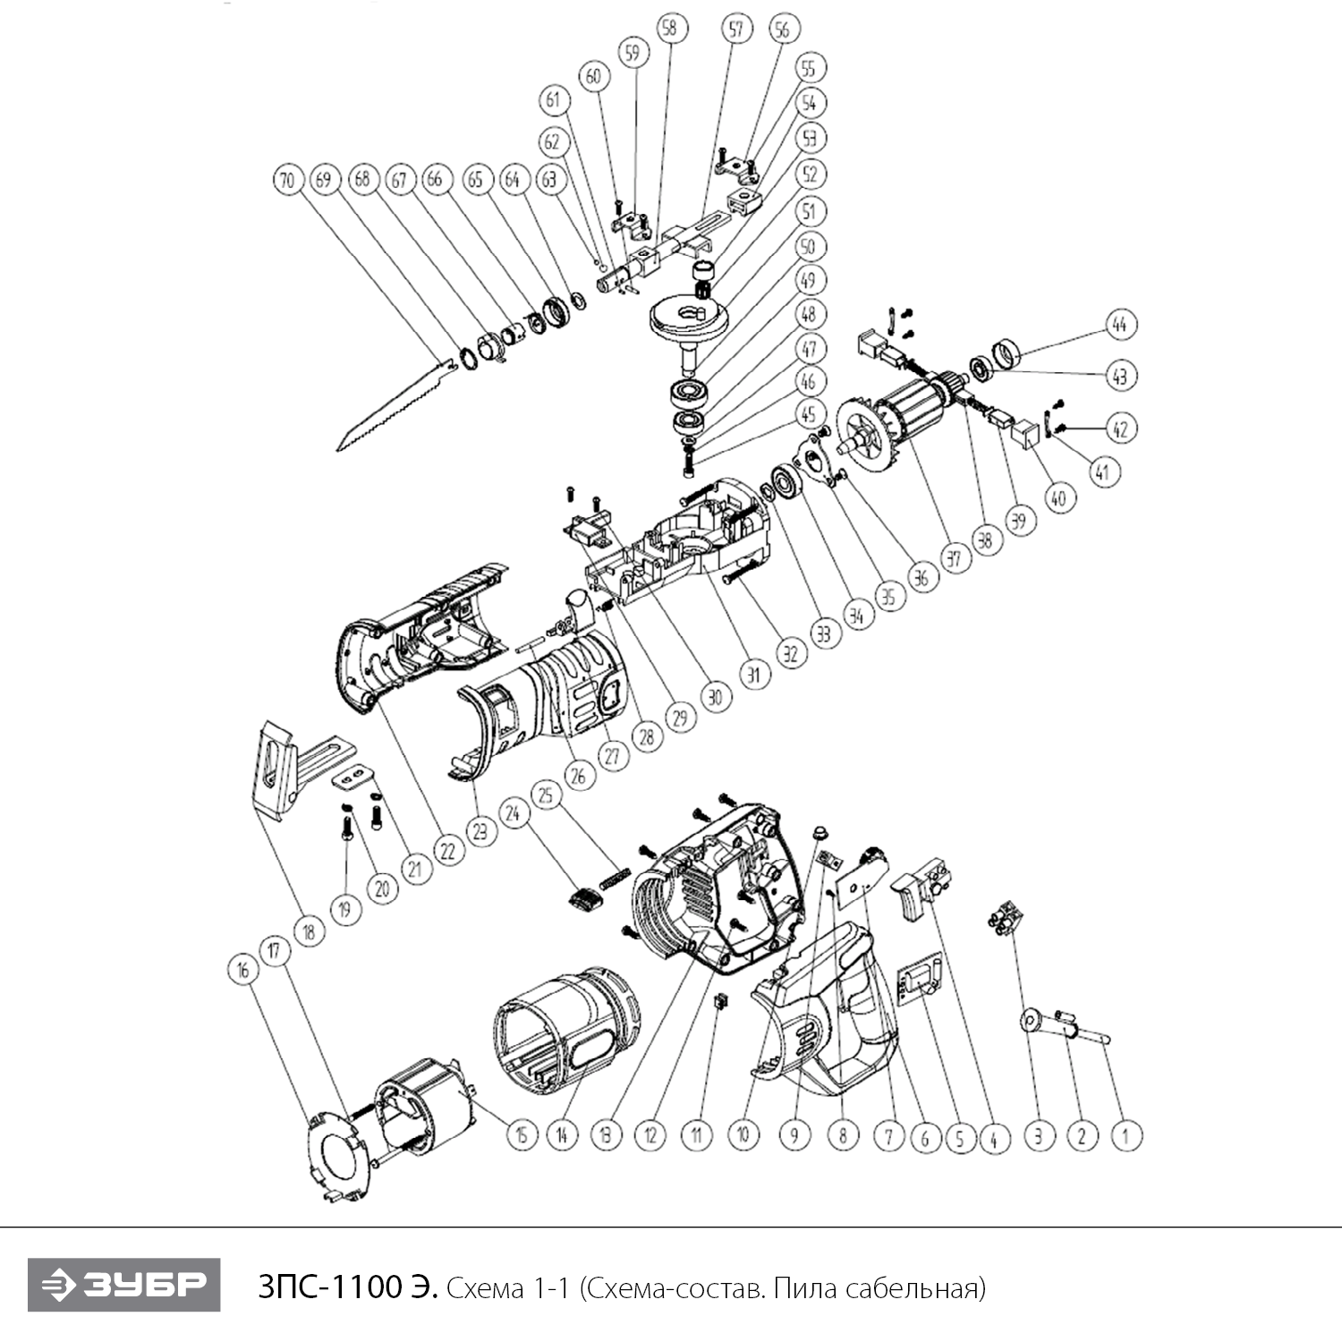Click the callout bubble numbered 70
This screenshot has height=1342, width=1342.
pyautogui.click(x=286, y=180)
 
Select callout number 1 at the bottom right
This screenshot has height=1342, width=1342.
pyautogui.click(x=1126, y=1136)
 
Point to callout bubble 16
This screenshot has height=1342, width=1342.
pyautogui.click(x=242, y=971)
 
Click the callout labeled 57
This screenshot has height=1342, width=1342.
pyautogui.click(x=735, y=30)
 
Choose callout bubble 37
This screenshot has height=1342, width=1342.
pyautogui.click(x=954, y=559)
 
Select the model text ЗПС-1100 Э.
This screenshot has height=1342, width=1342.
pyautogui.click(x=348, y=1288)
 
